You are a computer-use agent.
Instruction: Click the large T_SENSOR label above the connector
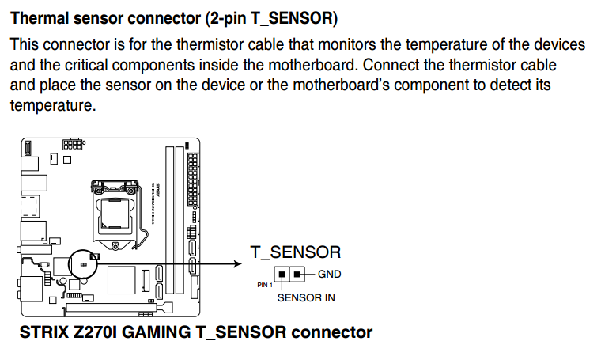[x=296, y=252]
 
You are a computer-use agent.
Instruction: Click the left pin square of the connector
[x=282, y=275]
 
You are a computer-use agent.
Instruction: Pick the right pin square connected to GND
[x=297, y=275]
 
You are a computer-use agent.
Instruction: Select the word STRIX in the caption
[x=45, y=332]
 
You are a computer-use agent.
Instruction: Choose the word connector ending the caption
[x=331, y=332]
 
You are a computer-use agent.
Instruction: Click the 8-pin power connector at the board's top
[x=73, y=145]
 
